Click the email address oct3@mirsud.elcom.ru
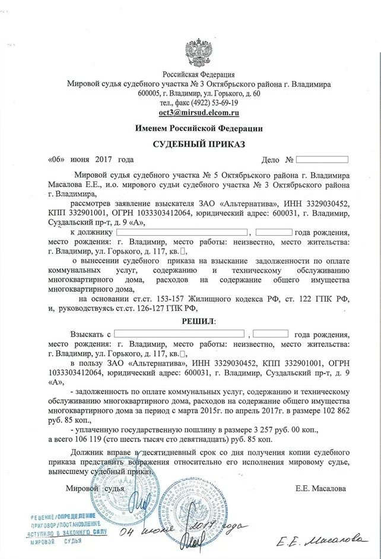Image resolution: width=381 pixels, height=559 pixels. point(199,112)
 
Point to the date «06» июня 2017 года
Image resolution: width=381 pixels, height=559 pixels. point(90,160)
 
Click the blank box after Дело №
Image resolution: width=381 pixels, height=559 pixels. point(322,160)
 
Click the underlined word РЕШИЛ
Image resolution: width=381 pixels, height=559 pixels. point(198,321)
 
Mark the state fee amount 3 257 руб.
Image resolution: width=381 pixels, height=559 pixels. point(268,429)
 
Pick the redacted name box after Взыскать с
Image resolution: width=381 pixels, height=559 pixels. point(179,334)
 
